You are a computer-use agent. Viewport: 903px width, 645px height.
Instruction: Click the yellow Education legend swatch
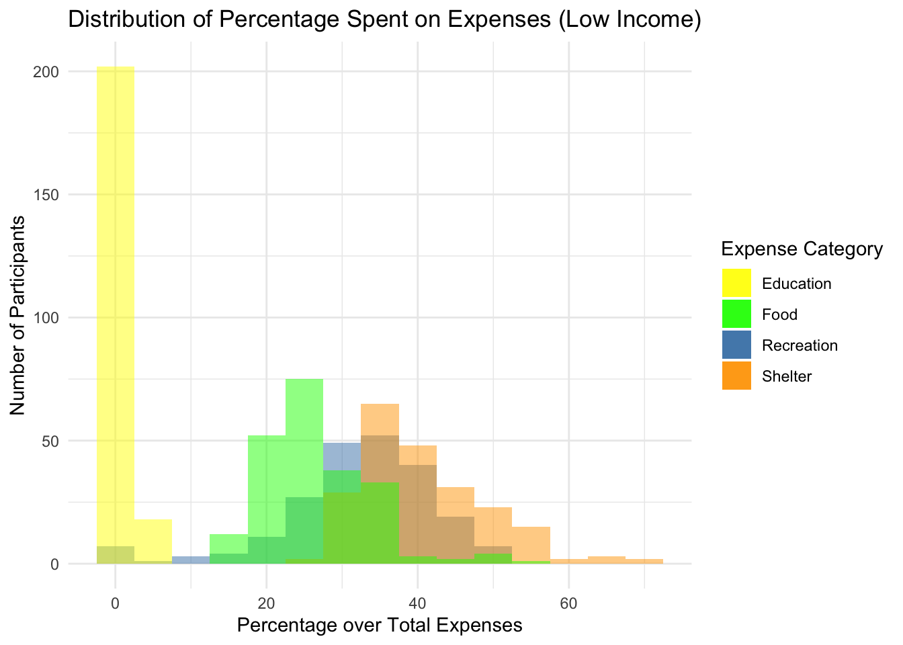point(736,283)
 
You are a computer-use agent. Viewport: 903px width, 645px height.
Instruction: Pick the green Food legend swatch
point(736,314)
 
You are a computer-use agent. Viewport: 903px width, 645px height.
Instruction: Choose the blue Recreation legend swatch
point(736,345)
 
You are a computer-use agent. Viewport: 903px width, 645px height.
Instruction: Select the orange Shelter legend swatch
point(736,376)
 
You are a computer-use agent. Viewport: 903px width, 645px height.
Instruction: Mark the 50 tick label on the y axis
point(50,441)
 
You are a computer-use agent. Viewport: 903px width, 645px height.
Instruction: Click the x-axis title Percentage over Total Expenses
point(380,626)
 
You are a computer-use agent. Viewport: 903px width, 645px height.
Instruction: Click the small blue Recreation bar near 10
point(191,560)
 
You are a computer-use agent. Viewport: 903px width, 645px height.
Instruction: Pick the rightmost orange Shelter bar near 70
point(644,561)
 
